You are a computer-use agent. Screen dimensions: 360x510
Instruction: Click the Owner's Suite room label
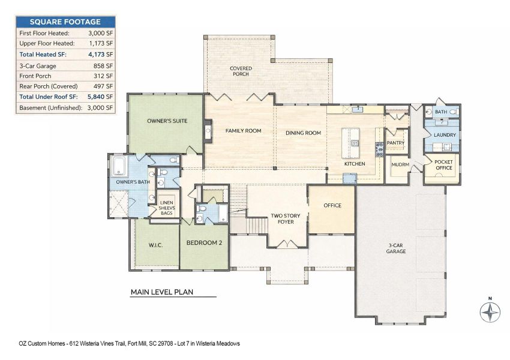click(x=167, y=121)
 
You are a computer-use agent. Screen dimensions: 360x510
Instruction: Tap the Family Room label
click(x=243, y=131)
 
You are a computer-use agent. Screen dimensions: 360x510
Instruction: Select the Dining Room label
click(x=303, y=133)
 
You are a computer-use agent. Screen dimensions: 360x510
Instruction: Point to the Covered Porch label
click(x=241, y=71)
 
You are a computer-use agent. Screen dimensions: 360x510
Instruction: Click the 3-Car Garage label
click(x=396, y=248)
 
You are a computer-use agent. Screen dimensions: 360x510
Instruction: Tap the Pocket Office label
click(x=444, y=165)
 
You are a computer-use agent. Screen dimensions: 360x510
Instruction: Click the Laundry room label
click(x=445, y=135)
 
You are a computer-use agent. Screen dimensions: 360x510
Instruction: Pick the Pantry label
click(x=395, y=143)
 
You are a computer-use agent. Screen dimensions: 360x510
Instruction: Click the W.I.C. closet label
click(x=155, y=245)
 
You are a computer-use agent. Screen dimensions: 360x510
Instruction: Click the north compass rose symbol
click(x=490, y=312)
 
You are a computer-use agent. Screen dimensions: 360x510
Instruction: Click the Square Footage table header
click(x=65, y=22)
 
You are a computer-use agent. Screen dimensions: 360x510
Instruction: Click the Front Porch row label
click(x=35, y=76)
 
